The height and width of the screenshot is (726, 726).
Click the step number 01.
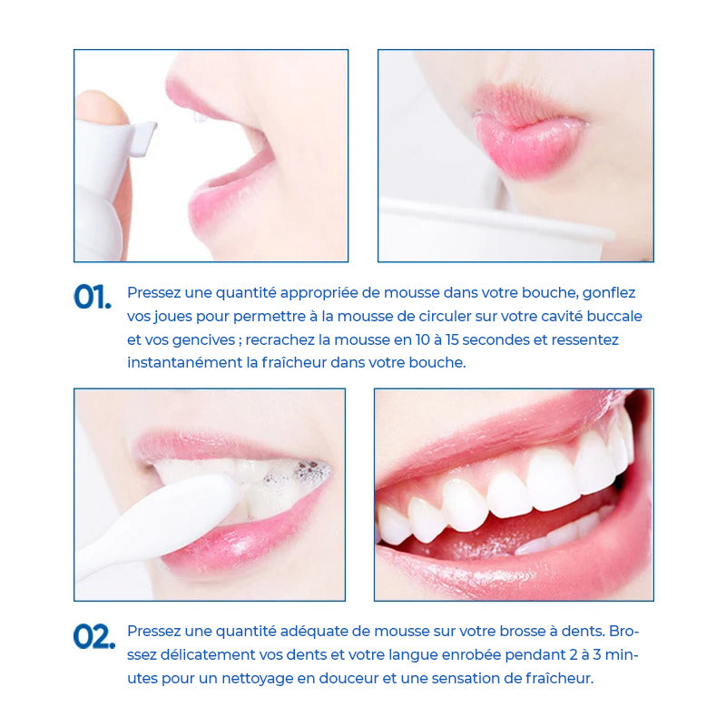pos(92,297)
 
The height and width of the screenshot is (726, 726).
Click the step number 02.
pos(93,636)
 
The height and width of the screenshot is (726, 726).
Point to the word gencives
pos(191,339)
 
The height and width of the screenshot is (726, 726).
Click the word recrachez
pos(278,339)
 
